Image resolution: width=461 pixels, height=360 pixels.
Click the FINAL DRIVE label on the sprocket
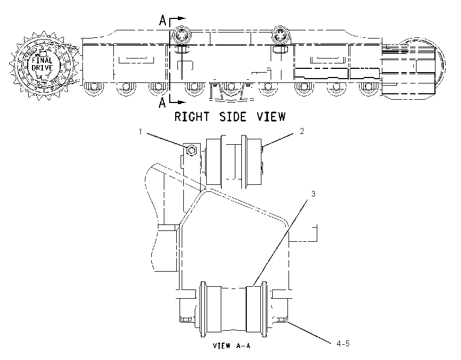(x=42, y=64)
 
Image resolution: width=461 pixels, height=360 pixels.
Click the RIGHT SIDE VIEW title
(x=230, y=117)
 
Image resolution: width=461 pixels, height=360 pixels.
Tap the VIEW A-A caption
(x=232, y=345)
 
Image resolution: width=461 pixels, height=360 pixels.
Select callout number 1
(x=140, y=132)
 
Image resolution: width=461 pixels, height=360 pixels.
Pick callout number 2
(x=302, y=131)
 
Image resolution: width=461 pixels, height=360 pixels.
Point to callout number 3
(x=313, y=194)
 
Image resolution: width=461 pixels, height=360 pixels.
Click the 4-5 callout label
(x=343, y=344)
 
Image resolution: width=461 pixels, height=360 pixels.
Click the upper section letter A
(x=163, y=20)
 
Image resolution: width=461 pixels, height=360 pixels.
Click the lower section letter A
(x=162, y=103)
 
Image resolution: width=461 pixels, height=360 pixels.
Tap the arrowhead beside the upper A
(x=182, y=18)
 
